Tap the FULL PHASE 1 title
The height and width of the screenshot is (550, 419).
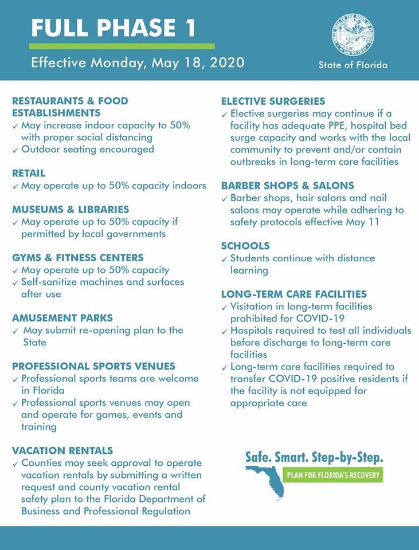click(113, 27)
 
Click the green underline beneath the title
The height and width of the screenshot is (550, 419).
click(122, 46)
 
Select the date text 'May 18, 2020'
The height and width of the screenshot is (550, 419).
click(198, 62)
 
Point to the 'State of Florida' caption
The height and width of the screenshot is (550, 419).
click(353, 65)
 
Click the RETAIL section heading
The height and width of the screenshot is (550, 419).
click(29, 173)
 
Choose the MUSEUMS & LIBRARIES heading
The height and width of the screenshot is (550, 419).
click(71, 210)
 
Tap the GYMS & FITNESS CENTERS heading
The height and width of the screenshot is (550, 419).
click(78, 258)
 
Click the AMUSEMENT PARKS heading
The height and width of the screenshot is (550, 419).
click(62, 318)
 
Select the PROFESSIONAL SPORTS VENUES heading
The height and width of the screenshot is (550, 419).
click(93, 366)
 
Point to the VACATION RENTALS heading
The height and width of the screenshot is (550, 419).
click(62, 450)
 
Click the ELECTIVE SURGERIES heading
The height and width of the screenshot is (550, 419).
click(273, 101)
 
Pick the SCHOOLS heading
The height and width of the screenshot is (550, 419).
click(245, 246)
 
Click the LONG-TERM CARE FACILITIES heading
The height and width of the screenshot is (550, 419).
click(294, 294)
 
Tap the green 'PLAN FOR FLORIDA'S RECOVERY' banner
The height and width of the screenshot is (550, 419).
click(333, 476)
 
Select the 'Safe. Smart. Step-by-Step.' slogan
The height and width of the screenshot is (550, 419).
click(314, 457)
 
